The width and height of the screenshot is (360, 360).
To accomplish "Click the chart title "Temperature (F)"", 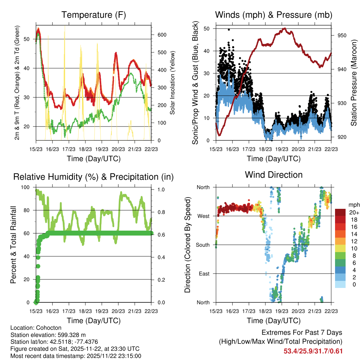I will click(94, 15).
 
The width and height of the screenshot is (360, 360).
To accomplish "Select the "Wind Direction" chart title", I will click(274, 175).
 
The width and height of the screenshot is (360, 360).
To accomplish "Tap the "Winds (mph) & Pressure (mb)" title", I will click(274, 15).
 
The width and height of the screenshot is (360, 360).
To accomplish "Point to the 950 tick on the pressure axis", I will click(337, 35).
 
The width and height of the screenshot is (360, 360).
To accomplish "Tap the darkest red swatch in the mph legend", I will click(340, 212).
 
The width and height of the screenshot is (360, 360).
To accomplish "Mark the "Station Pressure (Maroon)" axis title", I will click(354, 83).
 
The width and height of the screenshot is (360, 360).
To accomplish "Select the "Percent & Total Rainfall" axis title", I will click(13, 245).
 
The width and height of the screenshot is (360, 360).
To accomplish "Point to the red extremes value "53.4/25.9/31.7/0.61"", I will click(313, 351).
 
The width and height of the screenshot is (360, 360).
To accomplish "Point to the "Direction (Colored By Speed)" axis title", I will click(188, 245).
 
